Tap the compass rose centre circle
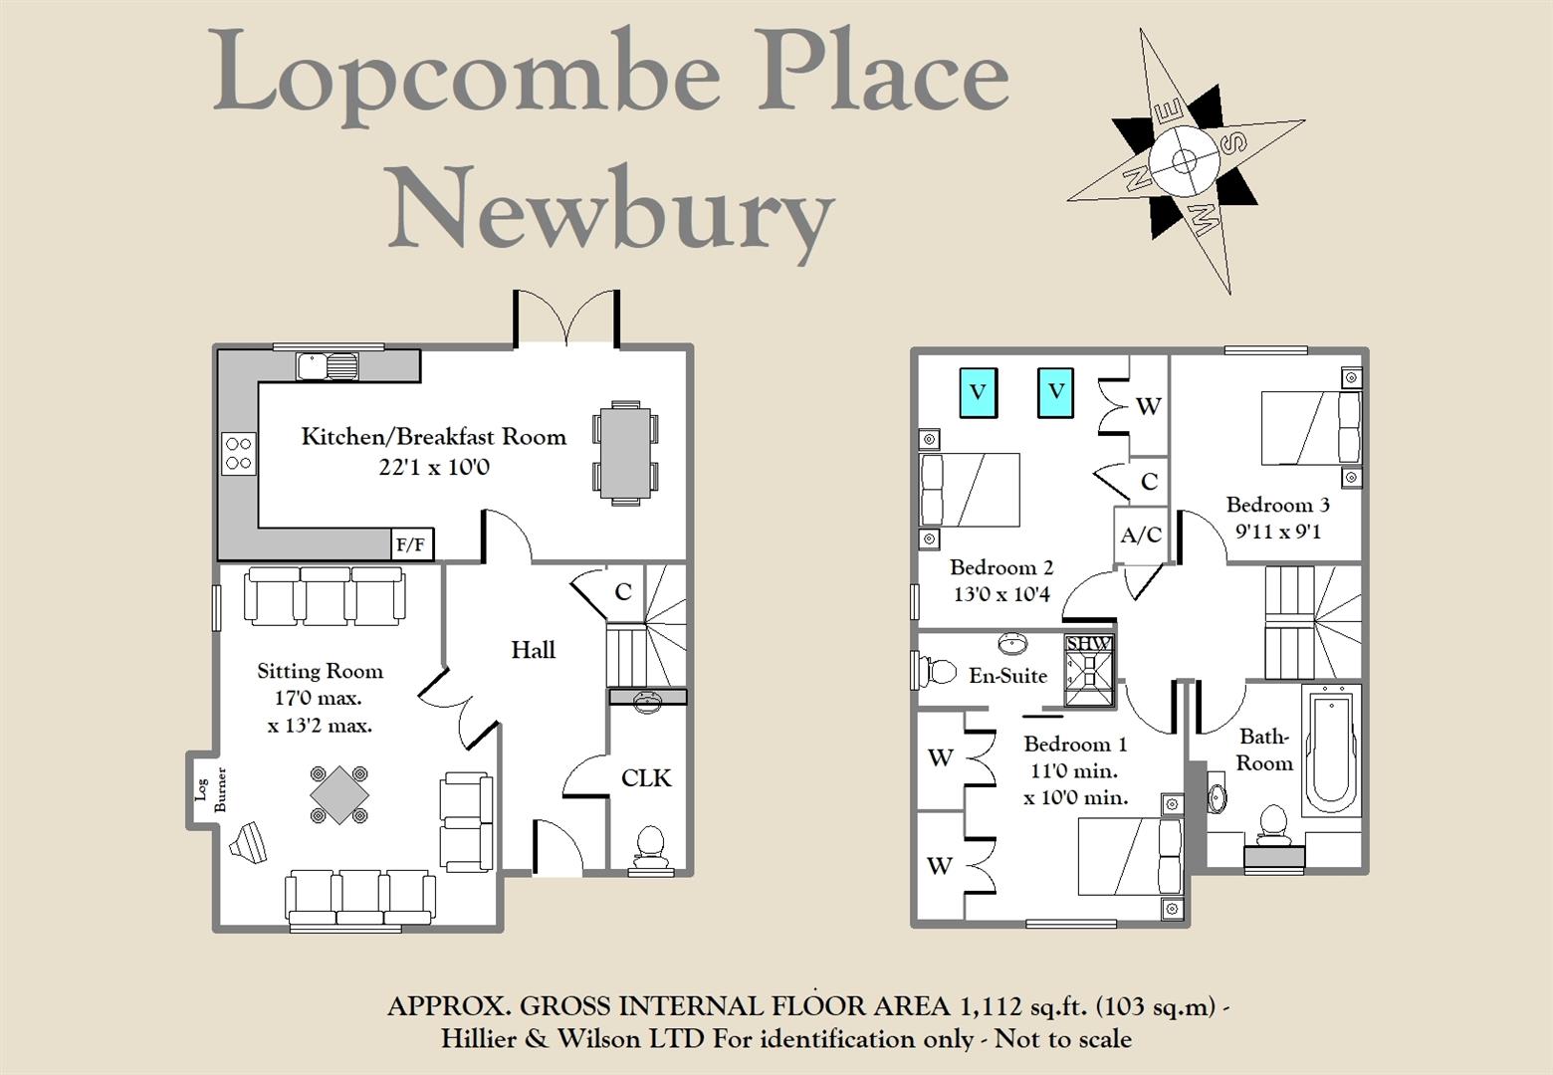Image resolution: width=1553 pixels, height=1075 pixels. coord(1183,160)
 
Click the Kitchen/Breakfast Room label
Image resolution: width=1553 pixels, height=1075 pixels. coord(433,436)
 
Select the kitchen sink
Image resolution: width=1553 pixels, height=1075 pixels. coord(328,366)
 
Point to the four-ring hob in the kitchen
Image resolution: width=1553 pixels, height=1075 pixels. coord(238,453)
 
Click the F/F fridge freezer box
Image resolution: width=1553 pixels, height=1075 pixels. coord(411,545)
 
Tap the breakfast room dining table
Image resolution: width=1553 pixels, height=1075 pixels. coord(625,453)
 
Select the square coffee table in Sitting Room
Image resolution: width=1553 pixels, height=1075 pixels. coord(339,793)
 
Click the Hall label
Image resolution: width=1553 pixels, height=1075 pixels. coord(533,650)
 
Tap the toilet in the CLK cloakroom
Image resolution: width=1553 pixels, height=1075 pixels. coord(649,843)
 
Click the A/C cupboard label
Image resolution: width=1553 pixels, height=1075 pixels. coord(1141,536)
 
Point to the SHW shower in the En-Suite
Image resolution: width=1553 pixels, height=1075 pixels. coord(1088,669)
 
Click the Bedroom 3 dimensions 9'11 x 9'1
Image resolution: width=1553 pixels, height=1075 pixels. coord(1277,532)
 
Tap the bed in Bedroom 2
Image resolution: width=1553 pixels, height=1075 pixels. coord(970,490)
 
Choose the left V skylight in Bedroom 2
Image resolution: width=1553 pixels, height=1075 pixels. coord(978,392)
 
